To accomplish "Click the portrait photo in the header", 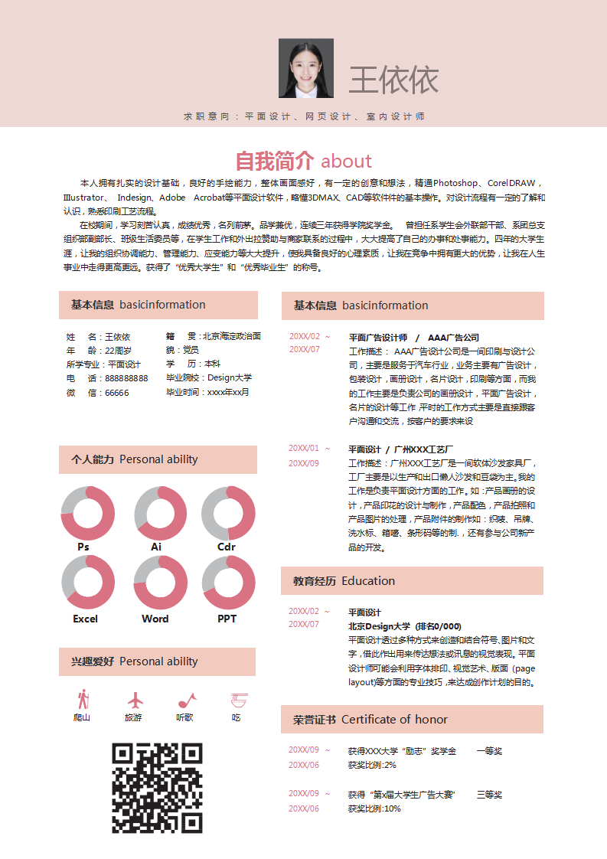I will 306,68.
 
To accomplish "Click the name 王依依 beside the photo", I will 393,80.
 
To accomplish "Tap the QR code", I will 158,788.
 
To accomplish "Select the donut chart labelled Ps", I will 87,513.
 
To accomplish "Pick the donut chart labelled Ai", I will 161,513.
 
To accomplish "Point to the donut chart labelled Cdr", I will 228,513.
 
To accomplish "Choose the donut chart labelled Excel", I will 87,583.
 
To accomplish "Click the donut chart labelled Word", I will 161,583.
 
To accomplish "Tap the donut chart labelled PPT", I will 228,583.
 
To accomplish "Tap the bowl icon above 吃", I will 239,700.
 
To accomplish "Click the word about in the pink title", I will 347,161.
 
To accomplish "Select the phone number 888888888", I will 126,378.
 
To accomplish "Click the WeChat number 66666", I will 116,393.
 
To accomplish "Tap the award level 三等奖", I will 489,795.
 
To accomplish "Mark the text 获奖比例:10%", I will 374,808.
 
